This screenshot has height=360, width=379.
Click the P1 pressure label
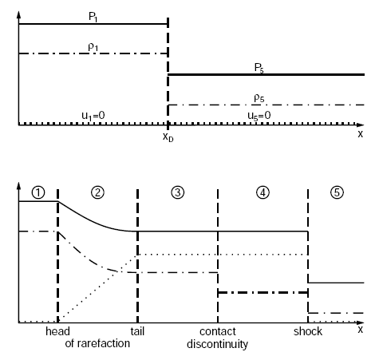coord(93,17)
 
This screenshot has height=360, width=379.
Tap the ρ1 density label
coord(93,47)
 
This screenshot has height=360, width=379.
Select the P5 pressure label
coord(259,68)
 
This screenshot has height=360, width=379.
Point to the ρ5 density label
coord(259,98)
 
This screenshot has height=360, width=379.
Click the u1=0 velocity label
coord(93,116)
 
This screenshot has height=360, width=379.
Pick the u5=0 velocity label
coord(259,116)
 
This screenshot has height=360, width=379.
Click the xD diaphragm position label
coord(168,137)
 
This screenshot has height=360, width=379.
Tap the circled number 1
coord(38,192)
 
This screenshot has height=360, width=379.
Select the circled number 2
coord(97,192)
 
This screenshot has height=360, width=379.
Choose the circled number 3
coord(177,192)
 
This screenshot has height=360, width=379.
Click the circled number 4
coord(263,192)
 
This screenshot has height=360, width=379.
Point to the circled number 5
coord(337,192)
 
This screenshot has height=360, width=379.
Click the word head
coord(57,331)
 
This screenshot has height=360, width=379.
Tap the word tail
coord(137,331)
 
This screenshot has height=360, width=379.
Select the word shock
coord(308,331)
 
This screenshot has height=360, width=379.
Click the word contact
coord(218,331)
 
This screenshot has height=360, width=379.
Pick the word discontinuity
coord(217,344)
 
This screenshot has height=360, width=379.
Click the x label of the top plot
coord(361,134)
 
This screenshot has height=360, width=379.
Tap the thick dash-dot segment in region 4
coord(263,293)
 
